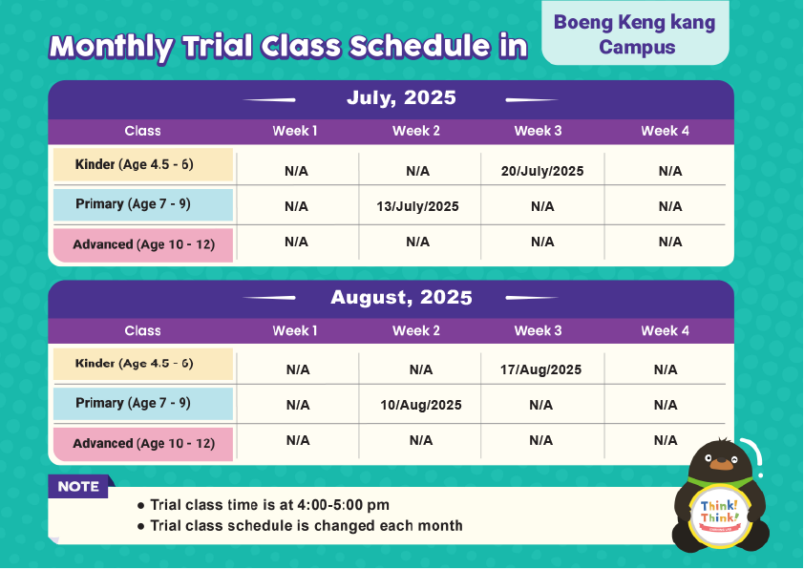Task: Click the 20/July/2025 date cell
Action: pyautogui.click(x=542, y=171)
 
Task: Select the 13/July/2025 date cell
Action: pyautogui.click(x=417, y=206)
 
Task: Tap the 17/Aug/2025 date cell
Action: pyautogui.click(x=541, y=369)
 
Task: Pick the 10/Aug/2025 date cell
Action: pyautogui.click(x=421, y=405)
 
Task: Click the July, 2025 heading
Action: pyautogui.click(x=401, y=97)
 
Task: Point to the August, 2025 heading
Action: pyautogui.click(x=401, y=297)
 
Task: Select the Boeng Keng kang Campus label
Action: pyautogui.click(x=635, y=33)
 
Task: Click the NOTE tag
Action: pyautogui.click(x=78, y=486)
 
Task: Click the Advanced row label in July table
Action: pyautogui.click(x=143, y=244)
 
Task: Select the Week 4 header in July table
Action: pyautogui.click(x=665, y=131)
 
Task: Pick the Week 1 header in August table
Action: pyautogui.click(x=295, y=330)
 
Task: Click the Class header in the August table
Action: pyautogui.click(x=142, y=330)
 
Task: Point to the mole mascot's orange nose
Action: pyautogui.click(x=722, y=464)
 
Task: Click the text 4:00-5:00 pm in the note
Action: pyautogui.click(x=343, y=505)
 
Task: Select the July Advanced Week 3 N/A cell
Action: pyautogui.click(x=542, y=242)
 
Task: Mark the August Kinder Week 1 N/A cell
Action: pyautogui.click(x=298, y=369)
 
